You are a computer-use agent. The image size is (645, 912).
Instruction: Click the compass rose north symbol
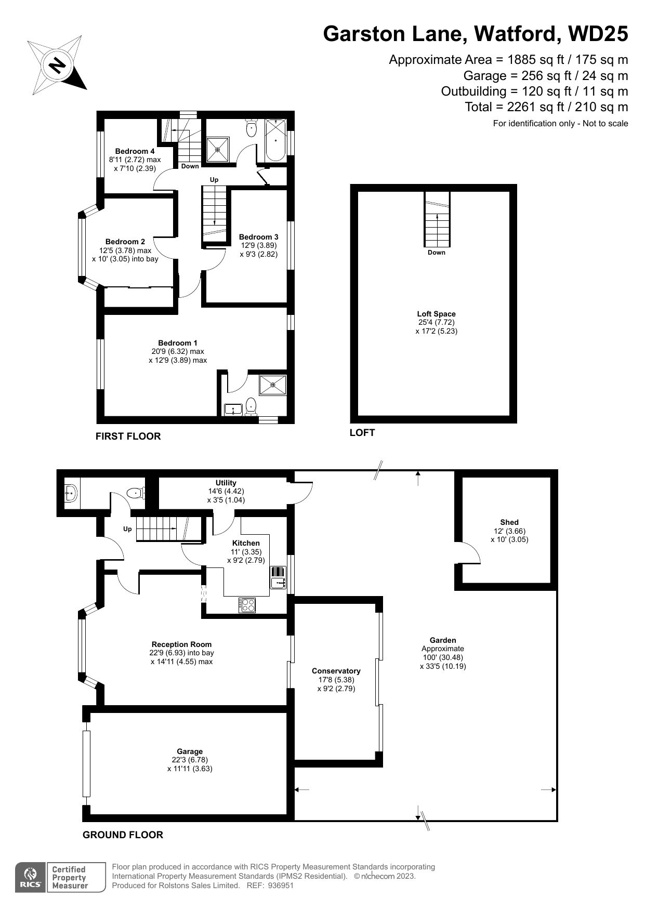click(57, 65)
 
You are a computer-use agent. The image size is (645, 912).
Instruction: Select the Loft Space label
click(436, 314)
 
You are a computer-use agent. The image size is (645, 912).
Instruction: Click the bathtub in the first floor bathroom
click(275, 139)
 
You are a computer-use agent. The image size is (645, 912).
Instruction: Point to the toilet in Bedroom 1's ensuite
click(251, 405)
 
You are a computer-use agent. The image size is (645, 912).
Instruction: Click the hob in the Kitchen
click(247, 605)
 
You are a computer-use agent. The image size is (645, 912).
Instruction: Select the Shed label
click(509, 522)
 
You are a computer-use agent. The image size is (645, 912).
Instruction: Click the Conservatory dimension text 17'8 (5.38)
click(336, 680)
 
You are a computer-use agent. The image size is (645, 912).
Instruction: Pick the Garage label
click(190, 751)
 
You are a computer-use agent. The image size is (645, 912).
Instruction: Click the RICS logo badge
click(31, 878)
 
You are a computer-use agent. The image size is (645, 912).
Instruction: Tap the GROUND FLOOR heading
click(123, 835)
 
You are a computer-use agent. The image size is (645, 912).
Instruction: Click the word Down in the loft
click(436, 253)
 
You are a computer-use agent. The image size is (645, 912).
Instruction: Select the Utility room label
click(226, 483)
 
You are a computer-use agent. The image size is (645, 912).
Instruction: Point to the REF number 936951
click(281, 885)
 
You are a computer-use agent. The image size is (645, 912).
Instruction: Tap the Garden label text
click(442, 640)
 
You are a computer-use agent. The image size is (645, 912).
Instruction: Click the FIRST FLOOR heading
click(128, 437)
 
